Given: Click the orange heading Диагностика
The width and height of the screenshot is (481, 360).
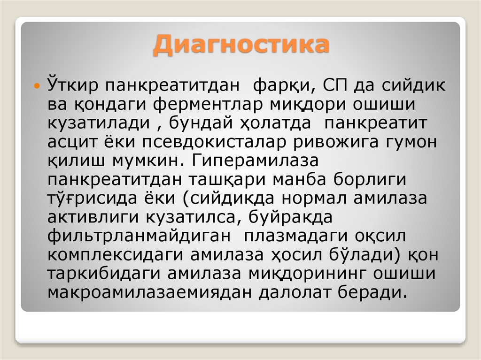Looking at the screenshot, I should [240, 46].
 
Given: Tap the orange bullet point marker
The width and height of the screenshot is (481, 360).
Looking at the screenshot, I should [38, 86].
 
